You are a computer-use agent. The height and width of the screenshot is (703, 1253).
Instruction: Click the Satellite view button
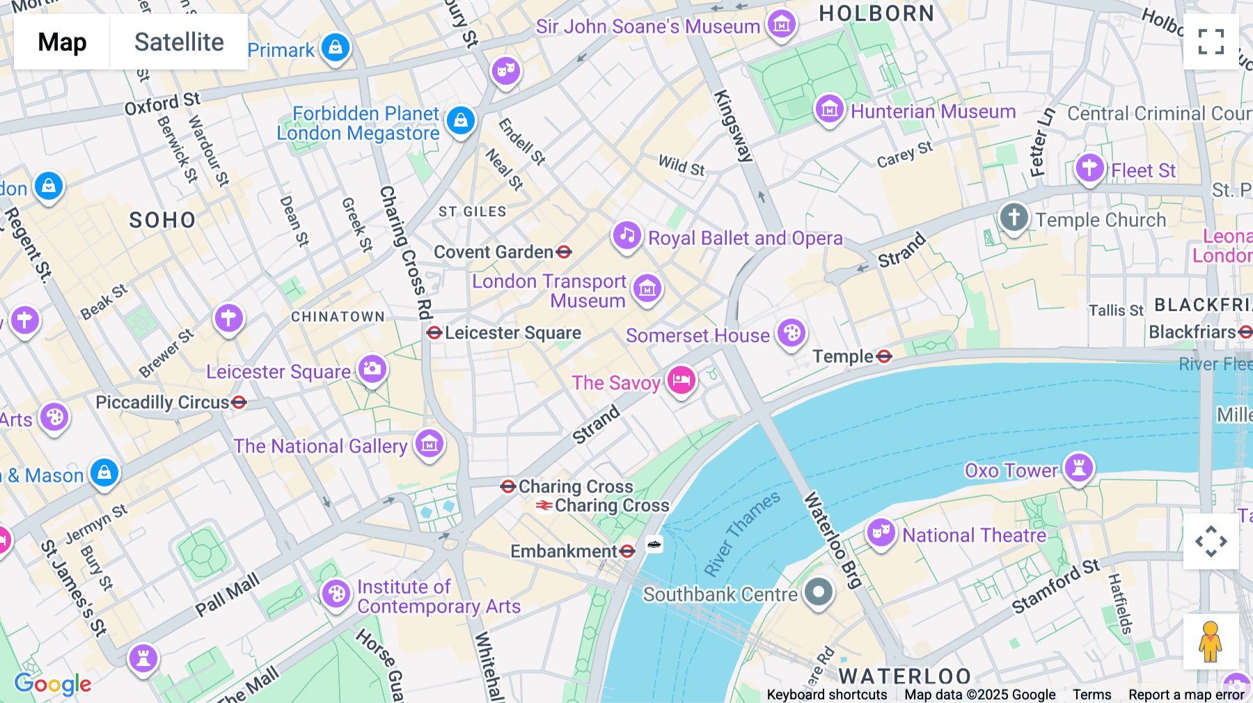click(x=179, y=42)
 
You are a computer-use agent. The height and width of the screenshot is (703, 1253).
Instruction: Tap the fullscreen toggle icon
click(x=1211, y=42)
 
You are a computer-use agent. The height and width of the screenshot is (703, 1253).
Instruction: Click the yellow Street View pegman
click(x=1211, y=642)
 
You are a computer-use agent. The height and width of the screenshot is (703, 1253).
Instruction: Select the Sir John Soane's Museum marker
click(x=781, y=24)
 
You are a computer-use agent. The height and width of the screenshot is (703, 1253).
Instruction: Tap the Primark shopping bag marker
click(x=336, y=47)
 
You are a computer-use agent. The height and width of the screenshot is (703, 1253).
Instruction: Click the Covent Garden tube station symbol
click(x=565, y=252)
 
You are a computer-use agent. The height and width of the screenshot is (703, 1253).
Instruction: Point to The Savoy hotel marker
click(x=681, y=380)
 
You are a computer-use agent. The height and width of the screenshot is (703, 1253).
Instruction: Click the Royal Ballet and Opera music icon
click(x=626, y=235)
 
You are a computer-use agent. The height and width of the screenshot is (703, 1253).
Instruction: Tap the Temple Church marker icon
click(x=1014, y=217)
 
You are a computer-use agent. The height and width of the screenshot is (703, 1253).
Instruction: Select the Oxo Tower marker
click(x=1078, y=468)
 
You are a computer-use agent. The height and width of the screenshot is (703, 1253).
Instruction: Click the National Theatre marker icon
click(x=881, y=532)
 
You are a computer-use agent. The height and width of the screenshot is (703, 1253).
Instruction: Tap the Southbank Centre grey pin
click(x=819, y=592)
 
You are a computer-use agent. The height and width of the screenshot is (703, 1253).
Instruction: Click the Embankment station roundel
click(x=627, y=551)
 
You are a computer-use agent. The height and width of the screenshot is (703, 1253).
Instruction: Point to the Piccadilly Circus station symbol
click(x=239, y=402)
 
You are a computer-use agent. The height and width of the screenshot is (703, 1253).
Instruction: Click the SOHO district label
click(x=162, y=221)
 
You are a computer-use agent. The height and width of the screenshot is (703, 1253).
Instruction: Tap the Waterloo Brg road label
click(x=833, y=540)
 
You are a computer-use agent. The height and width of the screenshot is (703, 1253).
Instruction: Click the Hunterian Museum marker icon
click(x=830, y=109)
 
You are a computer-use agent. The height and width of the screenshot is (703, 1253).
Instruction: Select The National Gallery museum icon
click(x=430, y=443)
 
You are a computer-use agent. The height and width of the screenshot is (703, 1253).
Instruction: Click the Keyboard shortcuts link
click(x=826, y=694)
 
